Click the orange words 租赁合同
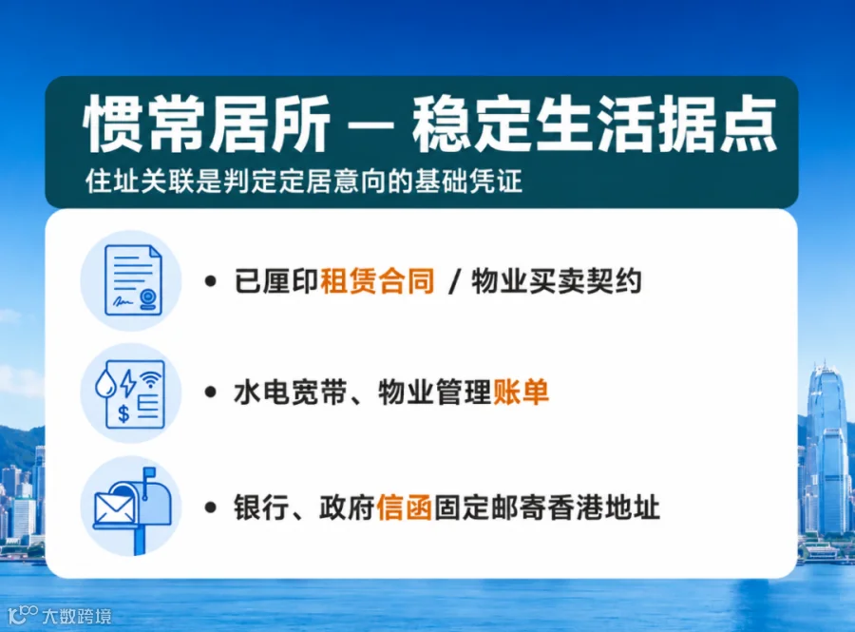pos(377,281)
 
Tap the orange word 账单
pos(521,392)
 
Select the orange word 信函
pos(404,508)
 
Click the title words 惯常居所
pos(207,124)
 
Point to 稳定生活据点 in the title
pos(595,124)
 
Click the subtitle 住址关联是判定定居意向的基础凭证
pos(304,181)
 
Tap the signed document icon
pos(133,280)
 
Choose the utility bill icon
pos(130,393)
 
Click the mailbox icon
pos(133,509)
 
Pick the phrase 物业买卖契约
pos(556,281)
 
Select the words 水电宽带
pos(290,392)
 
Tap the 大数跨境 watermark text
pos(77,616)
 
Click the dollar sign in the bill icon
pos(123,413)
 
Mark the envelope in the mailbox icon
pos(115,508)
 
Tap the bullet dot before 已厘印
pos(211,282)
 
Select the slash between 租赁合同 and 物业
pos(452,282)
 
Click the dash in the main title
pos(370,126)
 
